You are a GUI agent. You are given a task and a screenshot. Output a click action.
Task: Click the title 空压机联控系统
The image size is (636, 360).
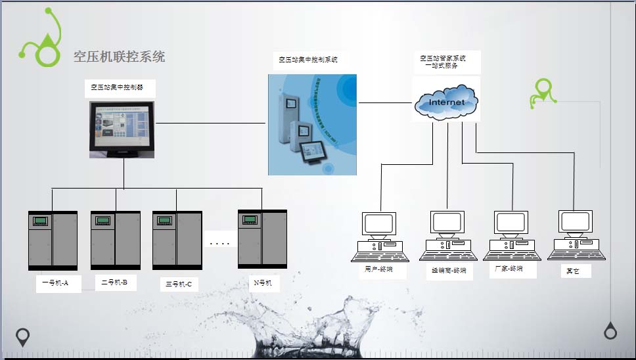119,56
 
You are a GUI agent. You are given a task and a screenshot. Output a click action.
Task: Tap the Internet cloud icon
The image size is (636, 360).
446,101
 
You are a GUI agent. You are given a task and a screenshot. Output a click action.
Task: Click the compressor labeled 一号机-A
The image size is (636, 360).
53,240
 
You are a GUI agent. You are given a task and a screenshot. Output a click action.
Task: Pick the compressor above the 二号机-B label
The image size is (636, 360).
115,240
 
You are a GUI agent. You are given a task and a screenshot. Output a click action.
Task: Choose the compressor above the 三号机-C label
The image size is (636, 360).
177,240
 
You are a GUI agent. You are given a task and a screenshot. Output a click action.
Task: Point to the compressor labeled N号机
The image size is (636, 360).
262,238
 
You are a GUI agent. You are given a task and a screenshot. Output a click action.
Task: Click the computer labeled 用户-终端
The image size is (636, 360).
379,236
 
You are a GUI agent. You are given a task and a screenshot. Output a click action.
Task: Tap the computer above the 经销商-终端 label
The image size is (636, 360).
447,236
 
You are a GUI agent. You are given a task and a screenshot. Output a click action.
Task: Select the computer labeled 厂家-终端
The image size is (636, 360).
512,236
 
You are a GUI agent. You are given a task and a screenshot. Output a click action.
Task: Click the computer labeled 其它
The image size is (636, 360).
576,235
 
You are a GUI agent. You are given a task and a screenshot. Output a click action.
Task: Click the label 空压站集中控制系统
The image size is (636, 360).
307,60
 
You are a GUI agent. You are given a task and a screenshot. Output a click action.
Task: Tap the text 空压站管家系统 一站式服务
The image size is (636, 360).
443,62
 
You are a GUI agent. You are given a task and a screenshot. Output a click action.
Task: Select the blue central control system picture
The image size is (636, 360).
312,124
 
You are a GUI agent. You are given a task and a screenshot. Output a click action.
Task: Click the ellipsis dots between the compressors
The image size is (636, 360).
219,244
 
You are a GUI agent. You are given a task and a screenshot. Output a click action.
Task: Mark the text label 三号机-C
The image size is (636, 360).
179,284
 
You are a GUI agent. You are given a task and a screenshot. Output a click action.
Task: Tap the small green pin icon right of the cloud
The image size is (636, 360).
543,93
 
